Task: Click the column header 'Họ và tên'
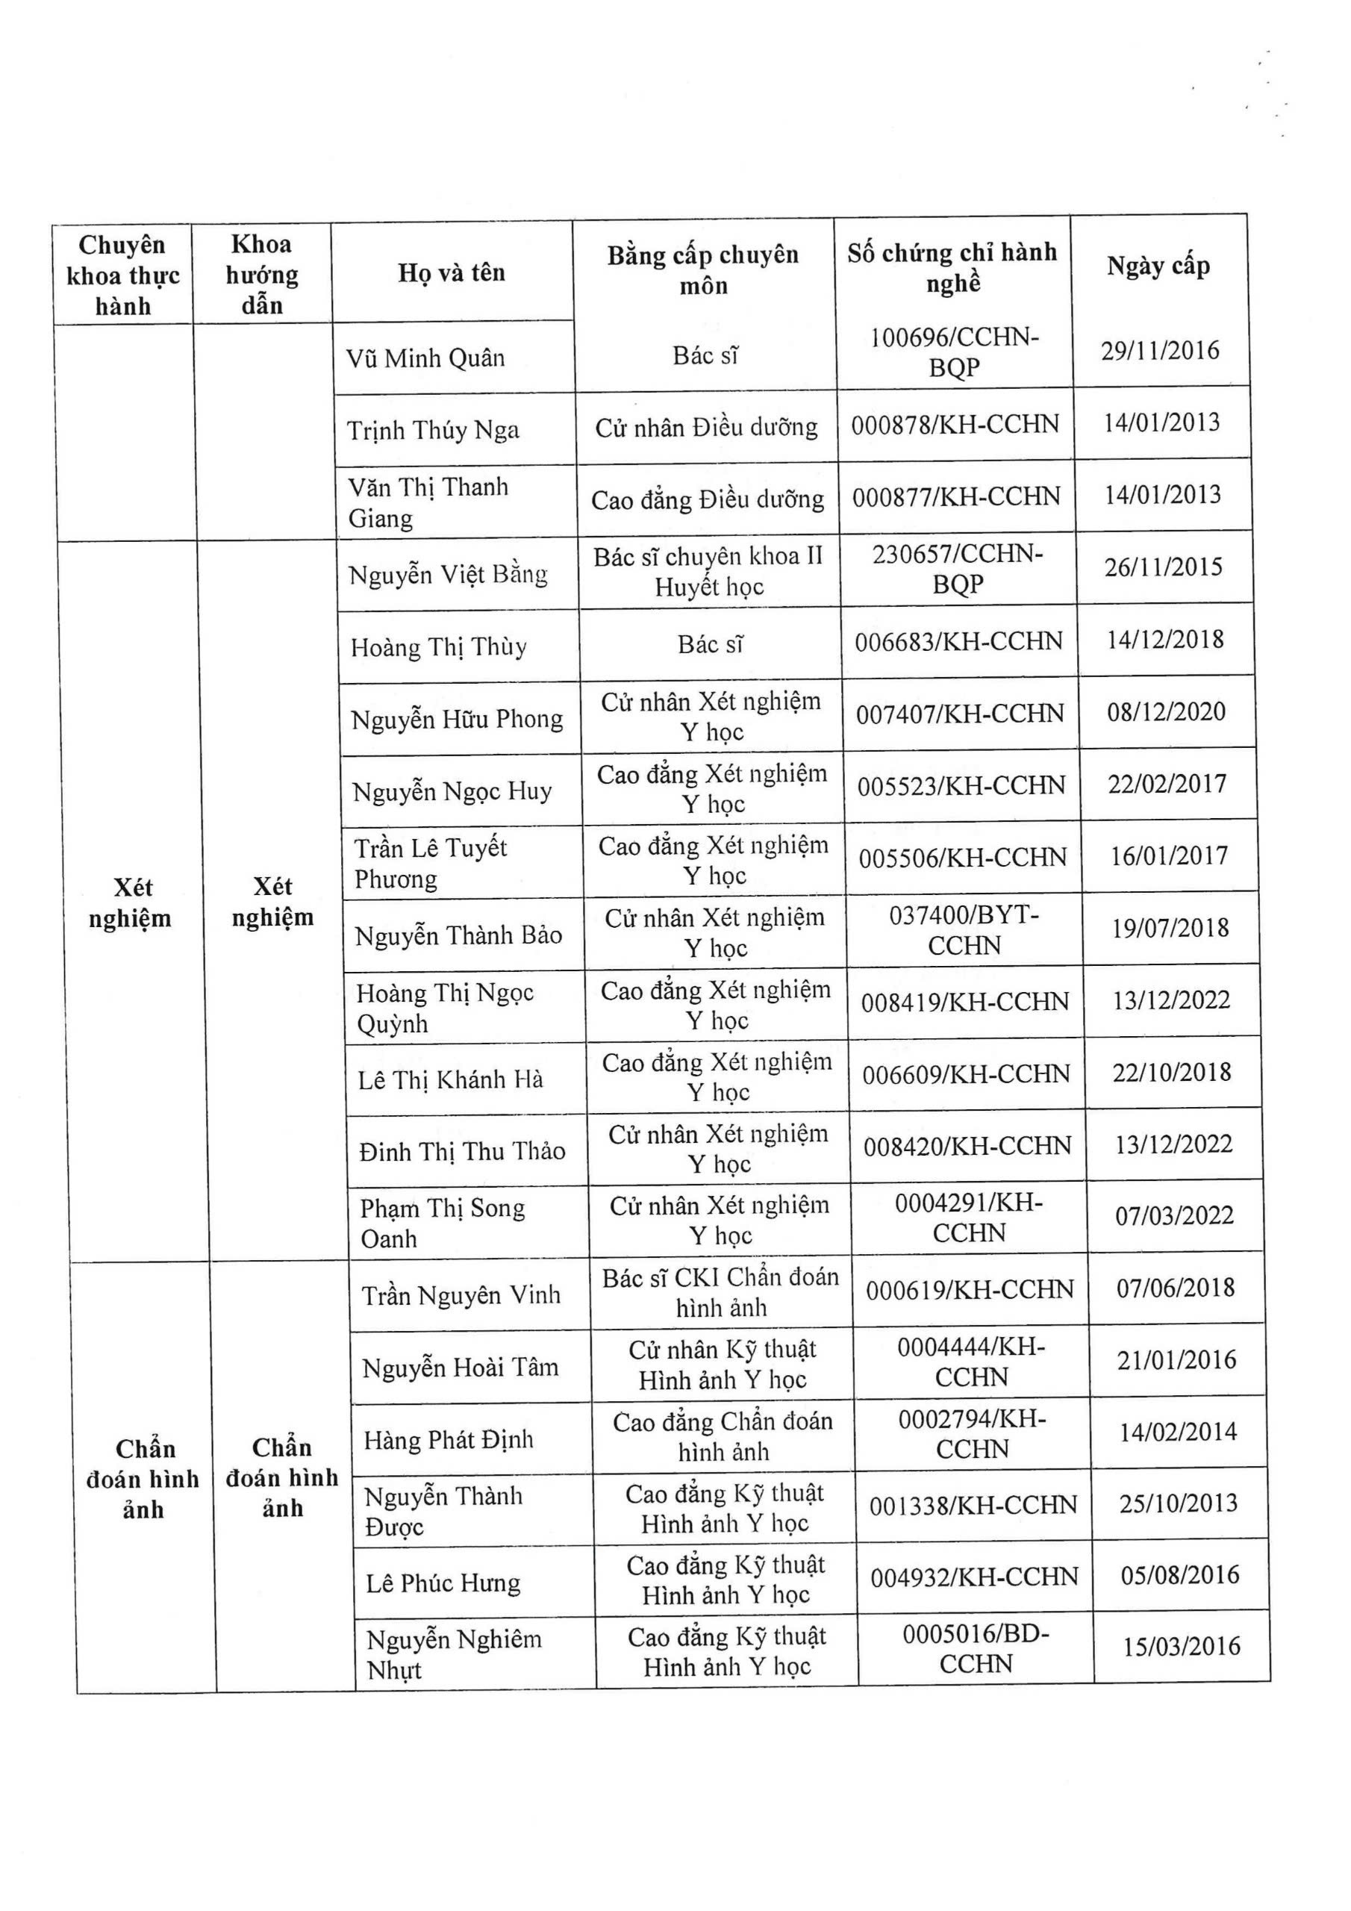(451, 272)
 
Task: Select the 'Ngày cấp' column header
(1158, 266)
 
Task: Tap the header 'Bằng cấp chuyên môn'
(702, 269)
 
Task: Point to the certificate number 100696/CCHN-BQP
(954, 352)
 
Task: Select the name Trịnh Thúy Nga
(433, 429)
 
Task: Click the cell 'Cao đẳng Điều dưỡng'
(708, 499)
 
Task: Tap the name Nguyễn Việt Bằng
(448, 574)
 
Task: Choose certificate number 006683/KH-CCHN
(958, 641)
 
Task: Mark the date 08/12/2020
(1165, 711)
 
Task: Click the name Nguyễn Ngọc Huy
(452, 791)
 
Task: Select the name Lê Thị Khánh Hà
(450, 1079)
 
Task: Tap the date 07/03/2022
(1173, 1215)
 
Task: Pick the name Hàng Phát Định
(448, 1439)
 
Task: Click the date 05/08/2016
(1179, 1575)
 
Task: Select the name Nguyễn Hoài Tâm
(461, 1368)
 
